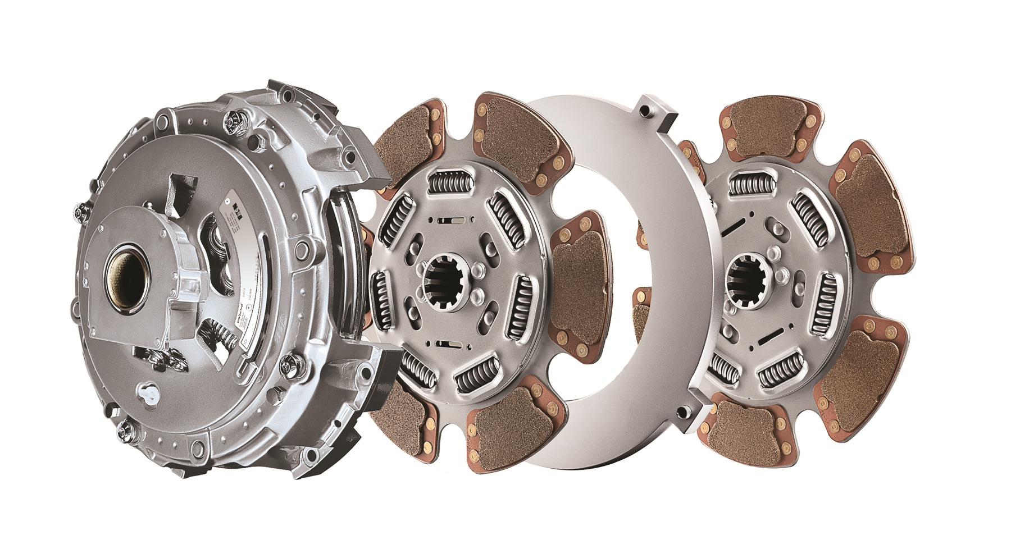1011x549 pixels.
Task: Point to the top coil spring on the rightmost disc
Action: coord(752,182)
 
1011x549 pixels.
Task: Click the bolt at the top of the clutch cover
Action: coord(233,119)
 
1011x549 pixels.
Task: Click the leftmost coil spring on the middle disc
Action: coord(383,300)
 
